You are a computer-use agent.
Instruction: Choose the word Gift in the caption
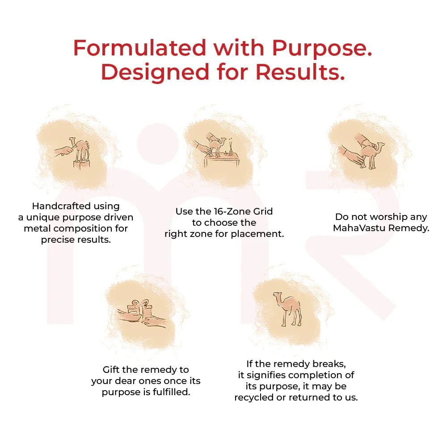pyautogui.click(x=112, y=370)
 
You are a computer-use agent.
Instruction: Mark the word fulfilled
pyautogui.click(x=171, y=392)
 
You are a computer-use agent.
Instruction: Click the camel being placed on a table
pyautogui.click(x=221, y=146)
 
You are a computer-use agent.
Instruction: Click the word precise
pyautogui.click(x=57, y=240)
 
